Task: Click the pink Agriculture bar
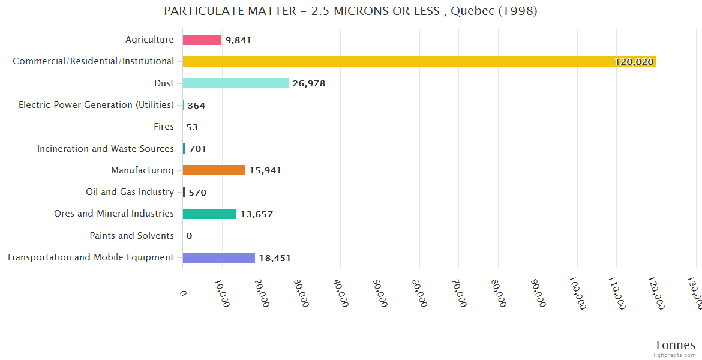point(202,40)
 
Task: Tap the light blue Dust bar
point(235,83)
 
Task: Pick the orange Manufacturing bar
point(214,170)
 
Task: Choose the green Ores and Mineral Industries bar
point(209,214)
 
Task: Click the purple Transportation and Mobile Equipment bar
point(219,257)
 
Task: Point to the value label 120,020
point(634,62)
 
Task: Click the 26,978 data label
point(309,83)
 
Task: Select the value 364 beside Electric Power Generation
point(196,106)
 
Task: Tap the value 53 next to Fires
point(192,127)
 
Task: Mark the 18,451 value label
point(275,258)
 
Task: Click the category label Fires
point(164,127)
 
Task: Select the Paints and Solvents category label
point(132,236)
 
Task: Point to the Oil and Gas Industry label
point(130,192)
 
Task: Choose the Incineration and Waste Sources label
point(106,148)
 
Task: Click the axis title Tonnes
point(675,345)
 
